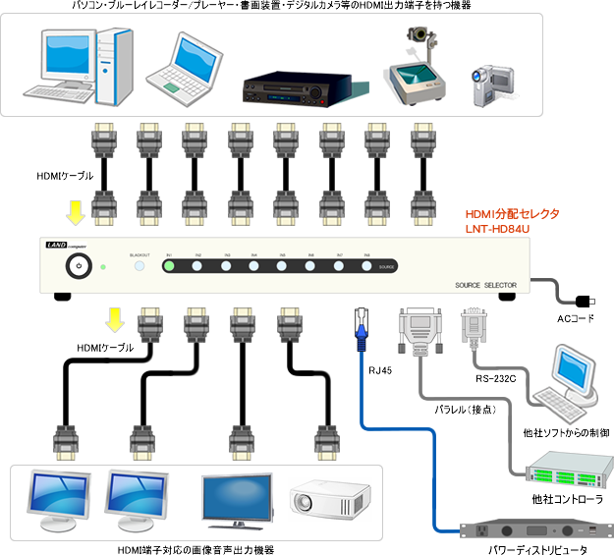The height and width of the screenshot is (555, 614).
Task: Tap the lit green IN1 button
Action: click(169, 266)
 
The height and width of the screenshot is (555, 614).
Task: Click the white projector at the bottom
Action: click(330, 496)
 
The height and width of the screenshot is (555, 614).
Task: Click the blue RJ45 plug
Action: click(361, 325)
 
